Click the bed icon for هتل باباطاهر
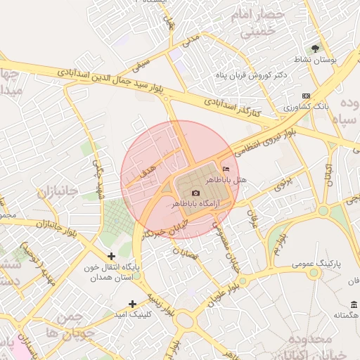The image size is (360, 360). [225, 169]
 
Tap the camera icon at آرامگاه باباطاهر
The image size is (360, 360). [195, 193]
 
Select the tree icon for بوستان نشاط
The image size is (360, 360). [316, 49]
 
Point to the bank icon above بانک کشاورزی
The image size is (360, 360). [305, 96]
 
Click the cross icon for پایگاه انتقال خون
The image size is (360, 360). [111, 256]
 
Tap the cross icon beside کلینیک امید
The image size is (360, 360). [132, 304]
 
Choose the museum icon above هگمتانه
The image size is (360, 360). [353, 304]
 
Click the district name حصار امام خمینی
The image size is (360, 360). [262, 24]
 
